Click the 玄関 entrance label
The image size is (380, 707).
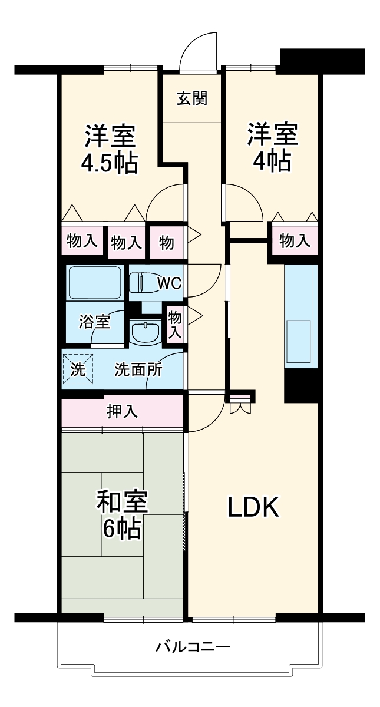tap(193, 98)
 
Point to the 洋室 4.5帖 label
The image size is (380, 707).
tap(110, 149)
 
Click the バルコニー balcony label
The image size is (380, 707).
tap(193, 647)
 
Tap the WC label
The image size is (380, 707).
tap(170, 283)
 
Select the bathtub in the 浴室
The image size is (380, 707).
tap(94, 283)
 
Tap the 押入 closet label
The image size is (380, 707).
tap(122, 411)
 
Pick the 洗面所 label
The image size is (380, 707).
tap(139, 370)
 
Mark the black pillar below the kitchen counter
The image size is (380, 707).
tap(301, 386)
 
